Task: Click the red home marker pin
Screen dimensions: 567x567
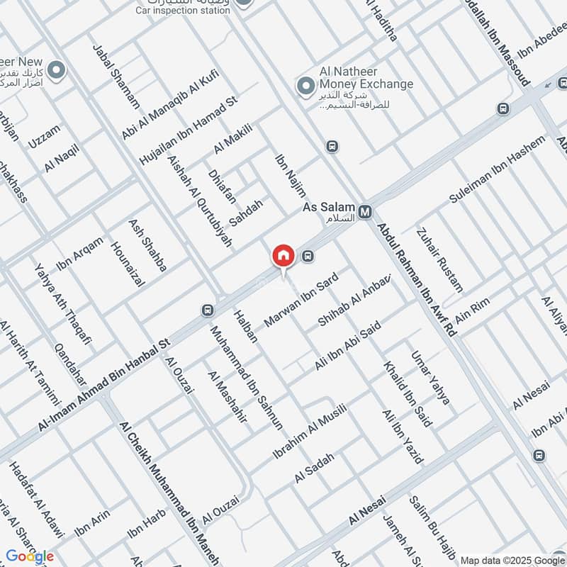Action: point(283,256)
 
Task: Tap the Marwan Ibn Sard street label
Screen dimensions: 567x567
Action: point(298,305)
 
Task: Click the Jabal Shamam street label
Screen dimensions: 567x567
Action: point(116,76)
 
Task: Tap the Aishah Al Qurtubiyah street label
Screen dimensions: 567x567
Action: point(200,200)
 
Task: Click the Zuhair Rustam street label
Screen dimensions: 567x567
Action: point(439,259)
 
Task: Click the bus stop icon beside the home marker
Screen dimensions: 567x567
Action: point(308,256)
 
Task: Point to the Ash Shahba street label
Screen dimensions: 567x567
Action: point(147,246)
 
